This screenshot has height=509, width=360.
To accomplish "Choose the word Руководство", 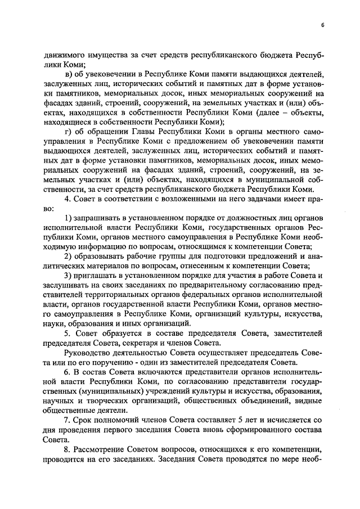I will click(x=89, y=354).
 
